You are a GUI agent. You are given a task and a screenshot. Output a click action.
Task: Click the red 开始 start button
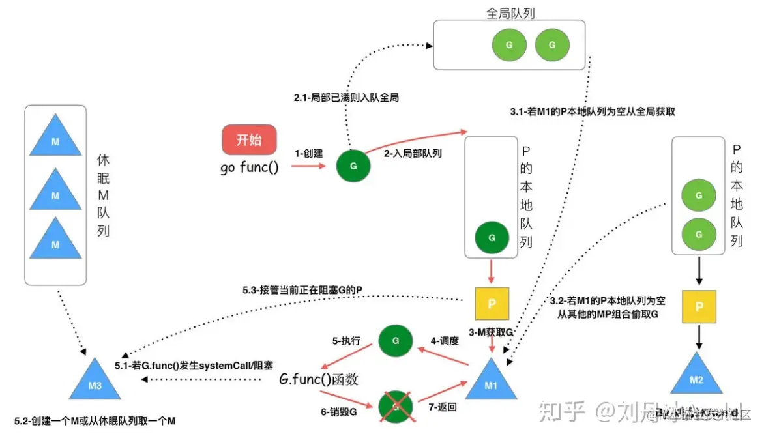[x=249, y=139]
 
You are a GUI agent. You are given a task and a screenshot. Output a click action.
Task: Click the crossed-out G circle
[x=396, y=408]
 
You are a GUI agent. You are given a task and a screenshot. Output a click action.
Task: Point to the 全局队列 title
[x=510, y=13]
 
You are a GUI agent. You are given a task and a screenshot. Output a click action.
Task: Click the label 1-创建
[x=309, y=154]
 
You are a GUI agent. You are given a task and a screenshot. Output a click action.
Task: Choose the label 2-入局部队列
[x=413, y=154]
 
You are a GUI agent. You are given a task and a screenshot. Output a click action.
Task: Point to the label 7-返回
[x=442, y=407]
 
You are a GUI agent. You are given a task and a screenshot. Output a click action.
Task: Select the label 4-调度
[x=445, y=340]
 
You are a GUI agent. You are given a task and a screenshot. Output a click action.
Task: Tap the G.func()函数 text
[x=319, y=379]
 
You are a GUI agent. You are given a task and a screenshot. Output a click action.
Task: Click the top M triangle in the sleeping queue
[x=55, y=139]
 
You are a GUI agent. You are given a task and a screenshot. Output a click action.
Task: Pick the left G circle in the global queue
[x=508, y=45]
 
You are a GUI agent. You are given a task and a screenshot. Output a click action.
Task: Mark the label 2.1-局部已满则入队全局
[x=345, y=98]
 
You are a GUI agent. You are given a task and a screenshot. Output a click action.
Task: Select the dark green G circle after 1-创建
[x=353, y=166]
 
